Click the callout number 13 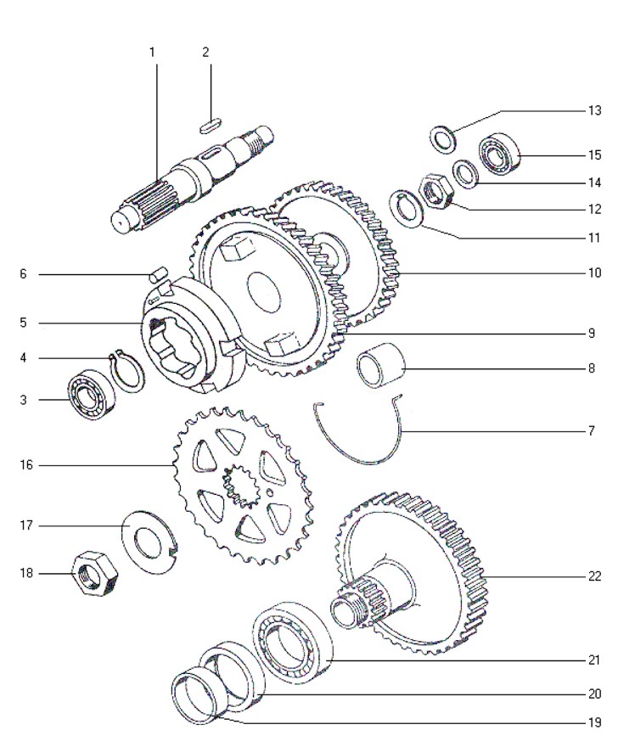point(594,110)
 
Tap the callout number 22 point(594,576)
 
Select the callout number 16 point(26,465)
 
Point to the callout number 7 point(592,431)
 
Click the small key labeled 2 point(210,128)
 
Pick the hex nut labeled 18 point(94,573)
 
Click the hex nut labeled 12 point(437,192)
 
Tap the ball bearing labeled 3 point(93,394)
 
